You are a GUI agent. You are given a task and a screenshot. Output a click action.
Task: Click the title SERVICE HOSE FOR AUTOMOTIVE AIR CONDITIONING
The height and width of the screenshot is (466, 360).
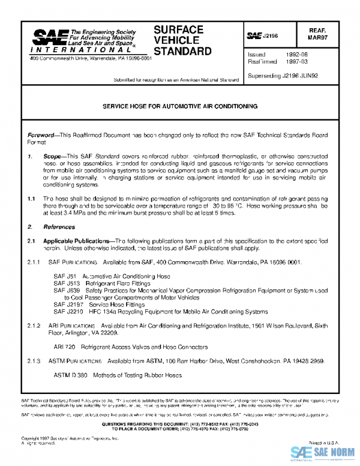click(180, 106)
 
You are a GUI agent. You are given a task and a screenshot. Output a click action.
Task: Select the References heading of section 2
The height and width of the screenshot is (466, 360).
click(59, 227)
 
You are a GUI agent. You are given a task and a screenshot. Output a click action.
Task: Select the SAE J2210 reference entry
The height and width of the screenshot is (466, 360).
click(160, 312)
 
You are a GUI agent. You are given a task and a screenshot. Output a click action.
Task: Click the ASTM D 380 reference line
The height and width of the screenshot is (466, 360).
click(117, 375)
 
